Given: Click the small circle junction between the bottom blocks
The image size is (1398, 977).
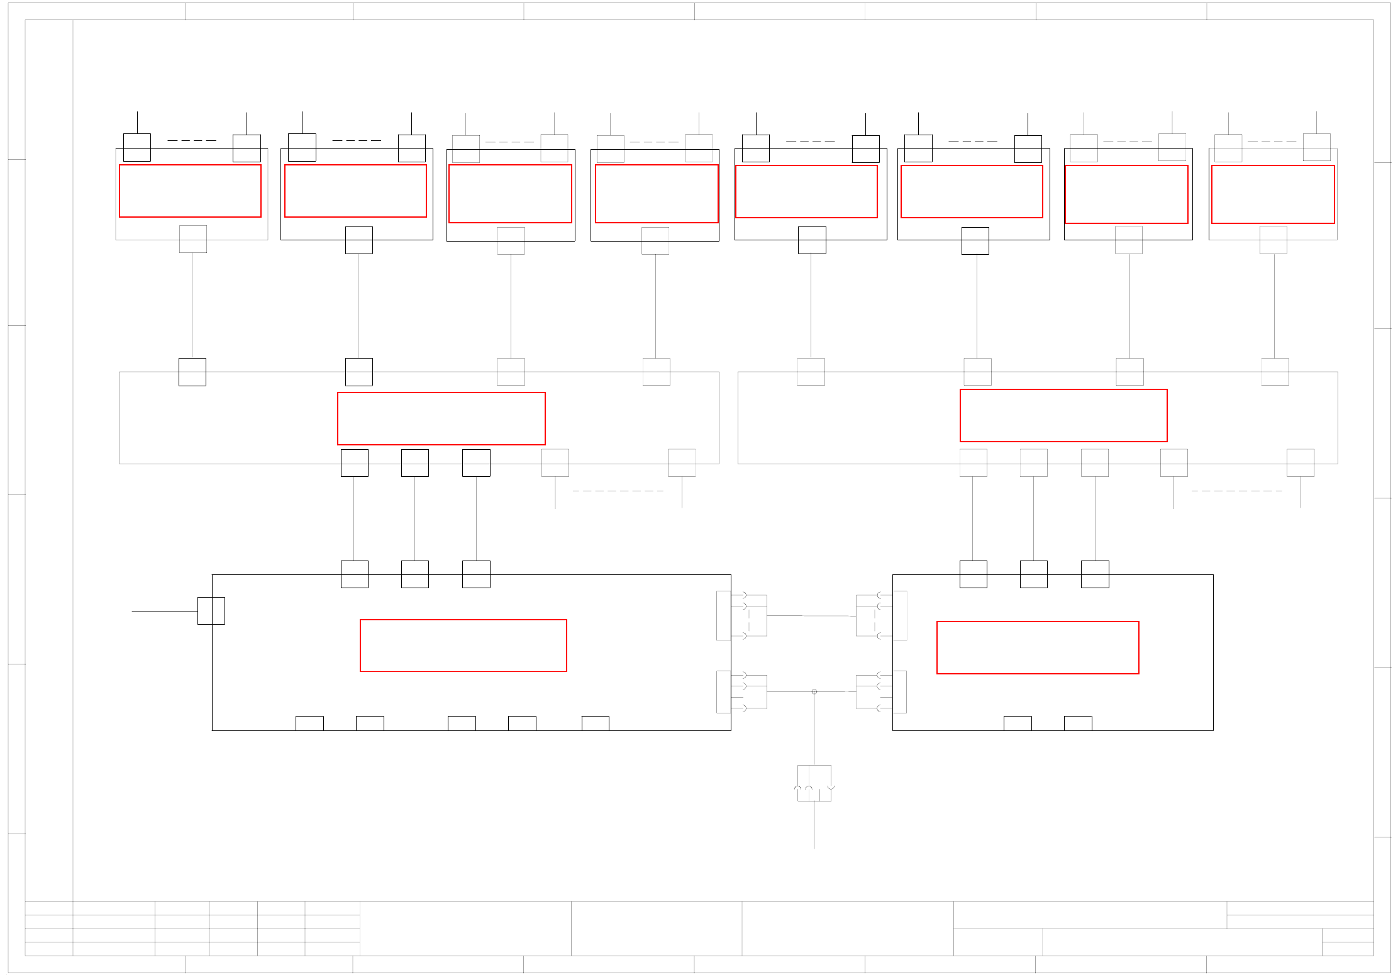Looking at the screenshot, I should [x=814, y=691].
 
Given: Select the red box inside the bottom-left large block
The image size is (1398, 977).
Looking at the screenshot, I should [x=463, y=645].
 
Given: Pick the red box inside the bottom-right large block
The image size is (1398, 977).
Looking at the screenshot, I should [x=1038, y=647].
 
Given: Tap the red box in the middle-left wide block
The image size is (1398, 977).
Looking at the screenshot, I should [x=441, y=418].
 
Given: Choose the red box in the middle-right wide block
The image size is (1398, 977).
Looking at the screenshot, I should [x=1063, y=415].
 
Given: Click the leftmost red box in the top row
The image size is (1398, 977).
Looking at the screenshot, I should [x=190, y=191].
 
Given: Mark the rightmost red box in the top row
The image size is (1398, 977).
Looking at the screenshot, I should [x=1273, y=194].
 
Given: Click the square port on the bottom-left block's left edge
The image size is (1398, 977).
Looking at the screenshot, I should [x=211, y=611].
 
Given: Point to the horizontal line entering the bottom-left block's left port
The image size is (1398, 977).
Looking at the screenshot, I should [x=164, y=611].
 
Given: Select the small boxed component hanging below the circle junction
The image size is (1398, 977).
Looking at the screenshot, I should [x=814, y=783].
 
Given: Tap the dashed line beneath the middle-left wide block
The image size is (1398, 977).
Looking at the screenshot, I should [x=618, y=491].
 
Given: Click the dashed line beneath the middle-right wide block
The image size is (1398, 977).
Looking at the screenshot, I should [x=1236, y=491].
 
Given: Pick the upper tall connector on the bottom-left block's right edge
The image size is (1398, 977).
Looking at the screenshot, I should [x=724, y=615].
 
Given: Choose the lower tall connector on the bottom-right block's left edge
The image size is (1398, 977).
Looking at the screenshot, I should [x=900, y=691].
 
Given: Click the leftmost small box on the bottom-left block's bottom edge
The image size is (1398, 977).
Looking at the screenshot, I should [x=309, y=723].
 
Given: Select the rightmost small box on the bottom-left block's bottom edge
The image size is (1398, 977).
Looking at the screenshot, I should [x=595, y=723].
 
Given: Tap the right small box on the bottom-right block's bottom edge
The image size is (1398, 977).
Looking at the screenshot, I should [x=1078, y=723].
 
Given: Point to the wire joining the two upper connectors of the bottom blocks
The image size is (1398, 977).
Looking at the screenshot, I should [x=811, y=616].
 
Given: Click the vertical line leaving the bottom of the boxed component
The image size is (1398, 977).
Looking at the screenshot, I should [x=814, y=825].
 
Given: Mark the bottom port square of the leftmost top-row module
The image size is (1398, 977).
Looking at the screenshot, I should [x=193, y=239].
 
